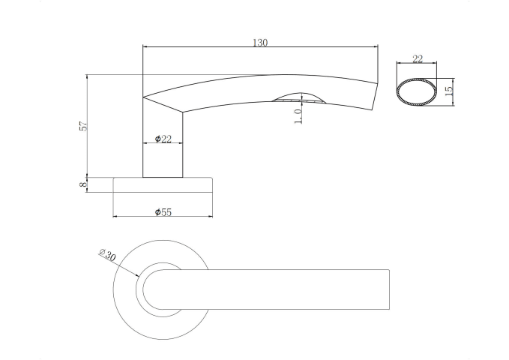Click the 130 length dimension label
[260, 43]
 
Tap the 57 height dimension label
[84, 126]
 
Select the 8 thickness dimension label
[84, 184]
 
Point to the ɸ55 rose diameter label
[163, 212]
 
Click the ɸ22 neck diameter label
[163, 139]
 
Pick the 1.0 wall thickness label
[298, 116]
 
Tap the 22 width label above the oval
[418, 58]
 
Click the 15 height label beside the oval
[449, 91]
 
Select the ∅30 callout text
[107, 255]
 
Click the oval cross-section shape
[397, 92]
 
